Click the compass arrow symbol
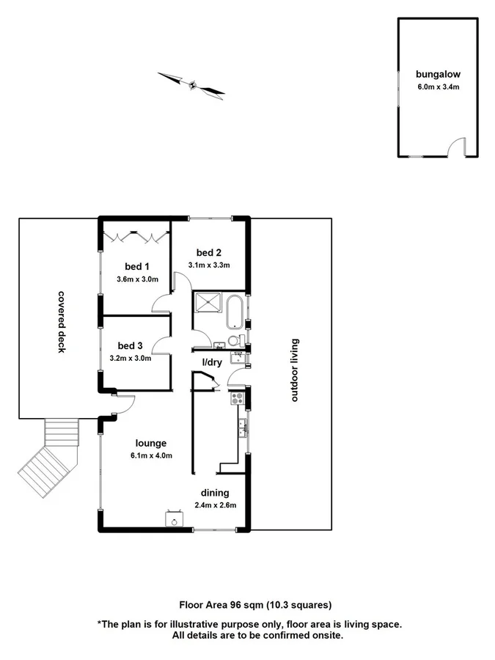[191, 84]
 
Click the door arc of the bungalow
[458, 147]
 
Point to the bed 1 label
[133, 266]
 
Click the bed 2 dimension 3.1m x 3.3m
[209, 265]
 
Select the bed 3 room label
[130, 345]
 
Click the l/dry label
[212, 362]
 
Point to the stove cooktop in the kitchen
[238, 399]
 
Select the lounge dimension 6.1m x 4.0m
[152, 455]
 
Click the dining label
[216, 492]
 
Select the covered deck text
[62, 321]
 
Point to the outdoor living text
[295, 370]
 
